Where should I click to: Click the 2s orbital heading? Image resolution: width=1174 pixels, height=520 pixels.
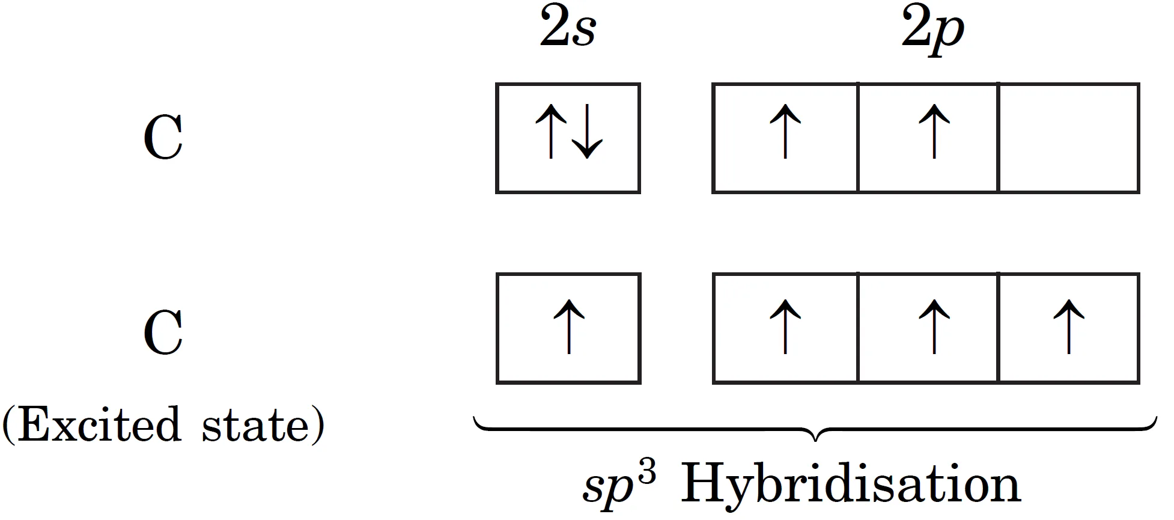(x=567, y=30)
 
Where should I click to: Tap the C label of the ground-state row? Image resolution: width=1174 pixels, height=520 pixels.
(x=163, y=138)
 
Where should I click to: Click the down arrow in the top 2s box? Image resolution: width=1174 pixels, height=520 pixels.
(x=586, y=133)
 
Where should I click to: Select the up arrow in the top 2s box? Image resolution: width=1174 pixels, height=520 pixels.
(x=550, y=133)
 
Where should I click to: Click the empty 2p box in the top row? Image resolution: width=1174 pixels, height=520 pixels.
(x=1069, y=138)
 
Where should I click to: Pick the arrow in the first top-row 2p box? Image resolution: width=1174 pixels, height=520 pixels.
(x=785, y=133)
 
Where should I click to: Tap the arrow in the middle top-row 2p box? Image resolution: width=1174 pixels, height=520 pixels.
(x=934, y=133)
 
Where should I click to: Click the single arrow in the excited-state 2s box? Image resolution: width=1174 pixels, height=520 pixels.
(x=568, y=328)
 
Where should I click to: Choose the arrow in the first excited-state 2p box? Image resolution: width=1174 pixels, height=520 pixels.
(x=785, y=328)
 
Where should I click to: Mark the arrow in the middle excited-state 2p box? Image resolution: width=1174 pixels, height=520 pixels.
(x=934, y=328)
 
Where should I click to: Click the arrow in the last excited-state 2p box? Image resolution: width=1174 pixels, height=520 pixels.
(x=1069, y=328)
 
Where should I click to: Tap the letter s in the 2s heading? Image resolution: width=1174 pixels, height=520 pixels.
(x=583, y=34)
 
